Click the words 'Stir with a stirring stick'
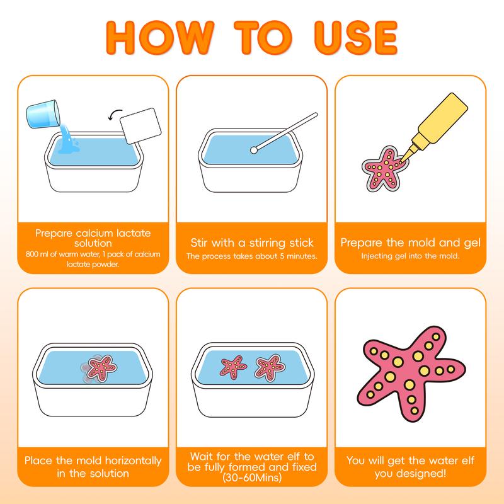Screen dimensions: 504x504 coord(251,243)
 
